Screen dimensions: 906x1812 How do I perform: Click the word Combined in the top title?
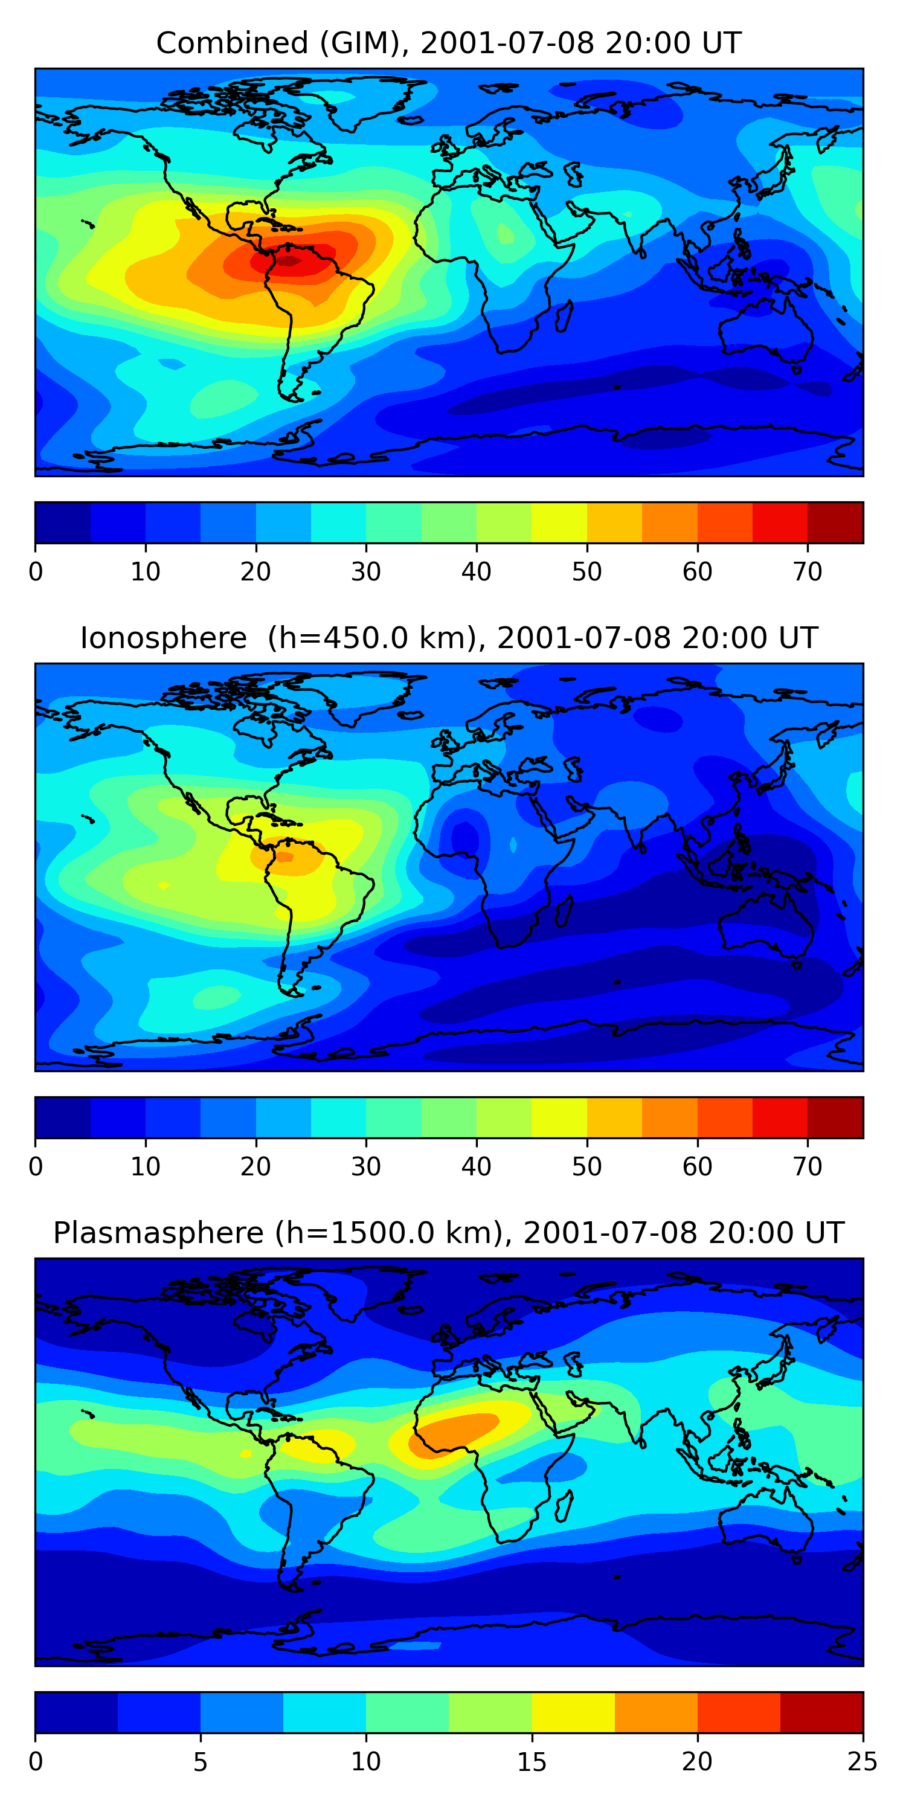[232, 43]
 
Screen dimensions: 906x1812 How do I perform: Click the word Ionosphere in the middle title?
[163, 638]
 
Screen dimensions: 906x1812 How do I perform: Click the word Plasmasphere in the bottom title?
[158, 1234]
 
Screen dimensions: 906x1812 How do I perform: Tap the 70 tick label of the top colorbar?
[808, 572]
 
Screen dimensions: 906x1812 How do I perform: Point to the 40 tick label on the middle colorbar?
[476, 1167]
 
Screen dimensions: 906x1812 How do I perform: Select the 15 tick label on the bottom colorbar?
[531, 1762]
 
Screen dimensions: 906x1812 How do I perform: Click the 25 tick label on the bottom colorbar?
[863, 1762]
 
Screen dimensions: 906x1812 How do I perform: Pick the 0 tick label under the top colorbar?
[36, 572]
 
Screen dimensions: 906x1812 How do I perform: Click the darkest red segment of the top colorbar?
[835, 522]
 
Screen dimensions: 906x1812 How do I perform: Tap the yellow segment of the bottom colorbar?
[573, 1713]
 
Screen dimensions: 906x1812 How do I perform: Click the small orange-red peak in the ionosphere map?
[284, 856]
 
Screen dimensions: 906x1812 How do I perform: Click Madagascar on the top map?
[564, 316]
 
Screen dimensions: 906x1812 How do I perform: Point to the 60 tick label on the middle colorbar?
[697, 1167]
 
